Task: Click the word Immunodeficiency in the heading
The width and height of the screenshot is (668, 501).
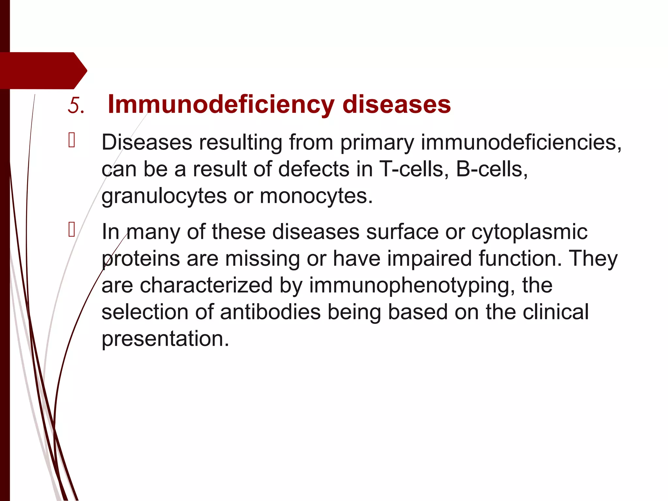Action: [x=221, y=105]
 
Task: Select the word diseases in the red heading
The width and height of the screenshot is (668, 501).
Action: [x=397, y=105]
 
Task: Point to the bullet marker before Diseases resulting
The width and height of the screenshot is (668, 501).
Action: [x=72, y=142]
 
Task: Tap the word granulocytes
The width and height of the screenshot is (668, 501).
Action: [x=164, y=196]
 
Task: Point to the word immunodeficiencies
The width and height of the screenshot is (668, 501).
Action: [x=521, y=143]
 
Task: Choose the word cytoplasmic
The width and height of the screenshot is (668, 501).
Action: [x=529, y=232]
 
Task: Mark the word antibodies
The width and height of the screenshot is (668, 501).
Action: [x=270, y=312]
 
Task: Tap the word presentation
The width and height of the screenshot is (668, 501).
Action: [x=165, y=339]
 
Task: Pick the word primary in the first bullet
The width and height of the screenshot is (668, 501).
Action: [x=377, y=143]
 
